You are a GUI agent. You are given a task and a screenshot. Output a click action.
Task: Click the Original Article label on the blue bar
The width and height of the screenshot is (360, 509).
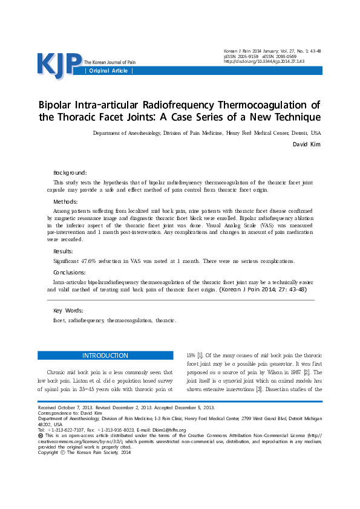coord(109,71)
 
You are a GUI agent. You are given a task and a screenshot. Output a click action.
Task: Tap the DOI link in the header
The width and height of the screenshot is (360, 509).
coord(264,61)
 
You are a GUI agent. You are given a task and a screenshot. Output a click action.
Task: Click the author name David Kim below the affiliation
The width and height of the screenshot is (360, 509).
coord(307,144)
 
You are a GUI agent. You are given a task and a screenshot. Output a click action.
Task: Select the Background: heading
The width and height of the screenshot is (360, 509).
coord(70,172)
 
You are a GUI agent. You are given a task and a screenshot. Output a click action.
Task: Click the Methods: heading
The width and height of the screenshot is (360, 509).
coord(66,201)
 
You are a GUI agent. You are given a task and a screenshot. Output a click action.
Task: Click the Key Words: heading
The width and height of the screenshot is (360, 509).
coord(68,310)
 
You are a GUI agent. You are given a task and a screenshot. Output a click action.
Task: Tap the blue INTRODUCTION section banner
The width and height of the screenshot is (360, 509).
coord(105,355)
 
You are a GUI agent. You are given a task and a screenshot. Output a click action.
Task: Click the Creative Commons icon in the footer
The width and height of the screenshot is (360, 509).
coord(41,435)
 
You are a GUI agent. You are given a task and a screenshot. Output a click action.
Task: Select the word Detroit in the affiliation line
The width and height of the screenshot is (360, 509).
coord(299,132)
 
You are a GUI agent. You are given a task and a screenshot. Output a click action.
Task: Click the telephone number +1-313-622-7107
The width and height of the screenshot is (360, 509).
coord(70,430)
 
